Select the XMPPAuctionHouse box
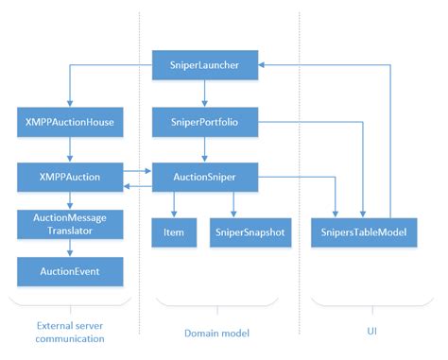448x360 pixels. tap(70, 121)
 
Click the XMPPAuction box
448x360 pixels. tap(70, 176)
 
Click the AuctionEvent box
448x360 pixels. tap(70, 272)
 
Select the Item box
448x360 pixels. tap(174, 231)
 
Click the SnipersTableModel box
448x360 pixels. tap(364, 231)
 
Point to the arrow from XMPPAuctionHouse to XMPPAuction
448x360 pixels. tap(70, 147)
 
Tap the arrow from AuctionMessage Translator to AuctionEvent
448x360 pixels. tap(70, 248)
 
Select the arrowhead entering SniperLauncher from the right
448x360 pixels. tap(266, 65)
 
